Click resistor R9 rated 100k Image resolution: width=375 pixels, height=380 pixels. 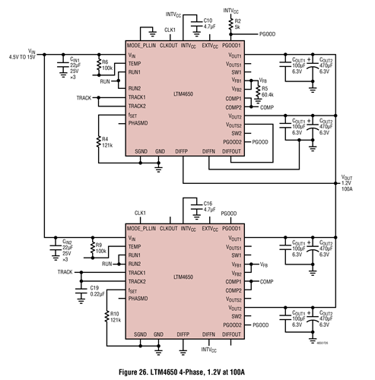[x=91, y=247]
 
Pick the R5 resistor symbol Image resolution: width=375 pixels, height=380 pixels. [x=256, y=90]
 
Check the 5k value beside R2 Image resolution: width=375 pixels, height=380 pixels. [x=237, y=26]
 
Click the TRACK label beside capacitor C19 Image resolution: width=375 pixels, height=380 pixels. [x=66, y=271]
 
